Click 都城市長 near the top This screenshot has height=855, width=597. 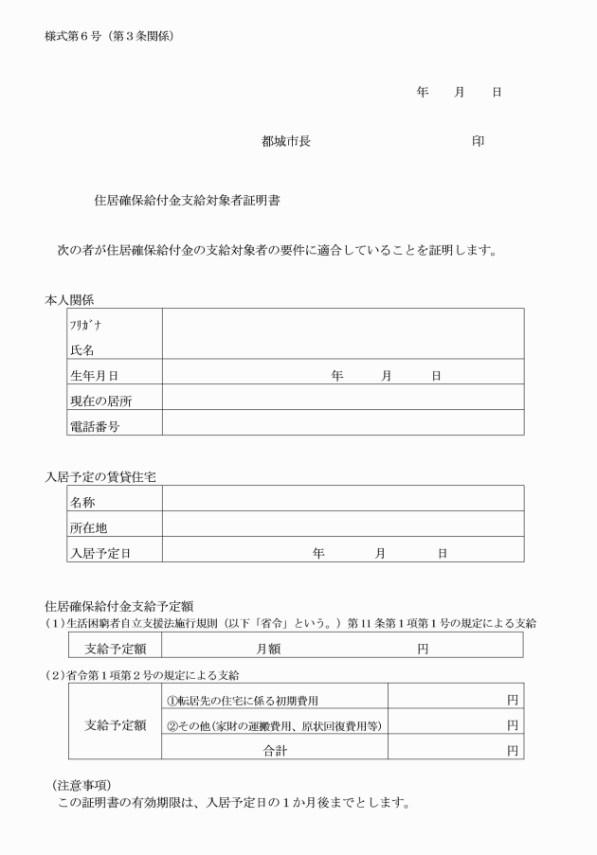285,142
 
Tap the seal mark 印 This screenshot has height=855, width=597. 478,142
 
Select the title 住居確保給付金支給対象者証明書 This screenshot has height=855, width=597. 187,201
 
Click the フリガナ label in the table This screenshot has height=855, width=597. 82,324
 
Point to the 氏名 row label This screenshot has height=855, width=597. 81,349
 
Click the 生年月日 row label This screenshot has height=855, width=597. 94,376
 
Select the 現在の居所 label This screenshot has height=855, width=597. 100,401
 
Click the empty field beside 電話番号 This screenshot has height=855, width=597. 342,423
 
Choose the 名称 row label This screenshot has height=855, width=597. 82,503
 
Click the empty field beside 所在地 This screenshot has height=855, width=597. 342,524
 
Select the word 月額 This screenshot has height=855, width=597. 268,650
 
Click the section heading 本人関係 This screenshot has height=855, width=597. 69,299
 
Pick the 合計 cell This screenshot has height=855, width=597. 275,750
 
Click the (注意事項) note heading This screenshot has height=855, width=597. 81,785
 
